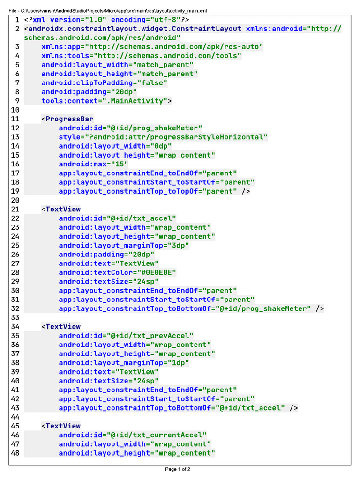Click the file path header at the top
(x=108, y=10)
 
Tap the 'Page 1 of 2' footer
(x=178, y=469)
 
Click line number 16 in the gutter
(x=15, y=164)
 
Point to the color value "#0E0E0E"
(x=156, y=272)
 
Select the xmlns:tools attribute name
(x=61, y=56)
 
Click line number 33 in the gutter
(x=15, y=317)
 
